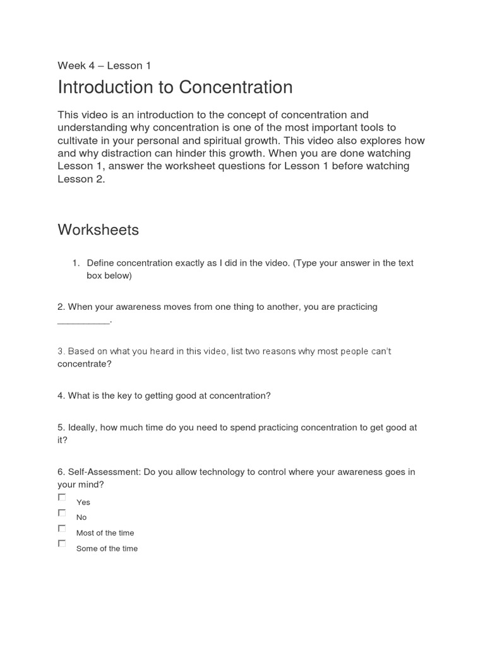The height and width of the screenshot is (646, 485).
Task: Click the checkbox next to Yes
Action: point(62,498)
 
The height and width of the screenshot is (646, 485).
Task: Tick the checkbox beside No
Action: point(62,513)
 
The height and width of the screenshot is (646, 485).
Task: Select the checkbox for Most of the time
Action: point(62,528)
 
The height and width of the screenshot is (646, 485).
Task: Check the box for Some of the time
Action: point(62,543)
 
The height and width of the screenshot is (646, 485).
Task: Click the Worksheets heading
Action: point(98,230)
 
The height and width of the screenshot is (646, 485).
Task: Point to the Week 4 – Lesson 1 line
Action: point(104,66)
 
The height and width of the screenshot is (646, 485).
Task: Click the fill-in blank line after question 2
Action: point(83,320)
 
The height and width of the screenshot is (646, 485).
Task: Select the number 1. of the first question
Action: point(75,263)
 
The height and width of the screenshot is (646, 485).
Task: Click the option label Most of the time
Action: point(105,533)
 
